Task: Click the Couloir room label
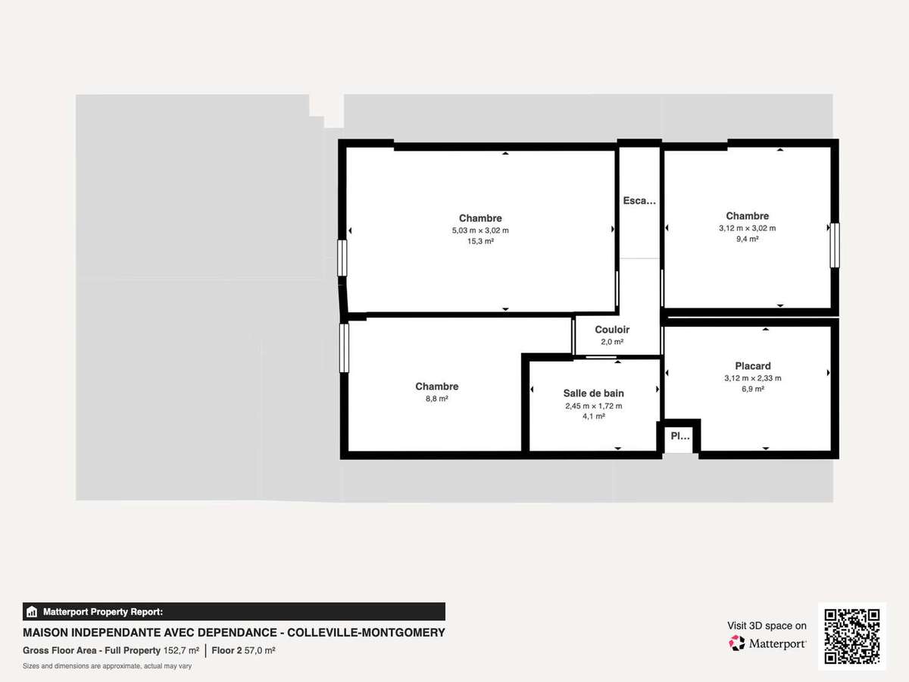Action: pos(611,330)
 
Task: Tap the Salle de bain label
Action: pos(593,393)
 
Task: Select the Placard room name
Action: pos(753,366)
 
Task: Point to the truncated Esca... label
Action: pos(639,201)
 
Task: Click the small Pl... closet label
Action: pos(680,436)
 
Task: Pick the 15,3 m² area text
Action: pos(480,241)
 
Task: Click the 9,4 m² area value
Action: pos(748,239)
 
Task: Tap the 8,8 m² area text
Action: pos(437,399)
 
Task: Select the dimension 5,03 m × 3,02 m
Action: pos(480,230)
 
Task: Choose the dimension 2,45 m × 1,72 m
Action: pos(593,406)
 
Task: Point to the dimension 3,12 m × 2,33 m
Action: pos(753,378)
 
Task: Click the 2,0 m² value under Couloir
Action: pos(612,342)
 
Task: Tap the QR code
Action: pos(852,636)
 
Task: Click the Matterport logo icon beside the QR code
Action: pos(737,643)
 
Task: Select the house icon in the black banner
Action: pos(32,612)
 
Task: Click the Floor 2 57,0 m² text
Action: pos(243,650)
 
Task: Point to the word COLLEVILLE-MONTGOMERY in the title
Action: pos(366,633)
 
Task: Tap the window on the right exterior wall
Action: pos(835,245)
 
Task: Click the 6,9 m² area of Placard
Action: pos(753,389)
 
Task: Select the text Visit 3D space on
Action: pos(767,626)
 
